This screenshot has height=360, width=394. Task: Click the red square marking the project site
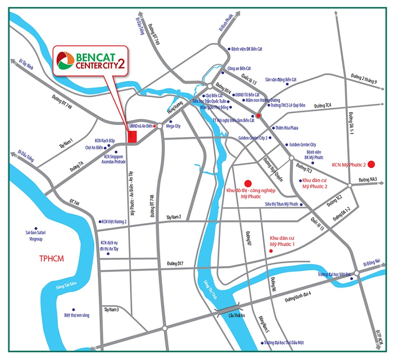[x=133, y=136]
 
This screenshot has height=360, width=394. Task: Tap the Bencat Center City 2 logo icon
[x=66, y=62]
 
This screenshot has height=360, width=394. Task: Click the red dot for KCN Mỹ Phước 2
[x=371, y=164]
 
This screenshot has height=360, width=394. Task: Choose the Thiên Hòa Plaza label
[x=287, y=128]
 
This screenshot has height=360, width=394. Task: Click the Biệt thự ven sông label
[x=77, y=314]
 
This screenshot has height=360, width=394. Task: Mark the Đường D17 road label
[x=174, y=263]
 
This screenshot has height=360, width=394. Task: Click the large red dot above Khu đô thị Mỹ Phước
[x=248, y=183]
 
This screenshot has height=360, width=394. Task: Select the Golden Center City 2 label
[x=253, y=138]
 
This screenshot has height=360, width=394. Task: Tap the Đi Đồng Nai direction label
[x=372, y=264]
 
